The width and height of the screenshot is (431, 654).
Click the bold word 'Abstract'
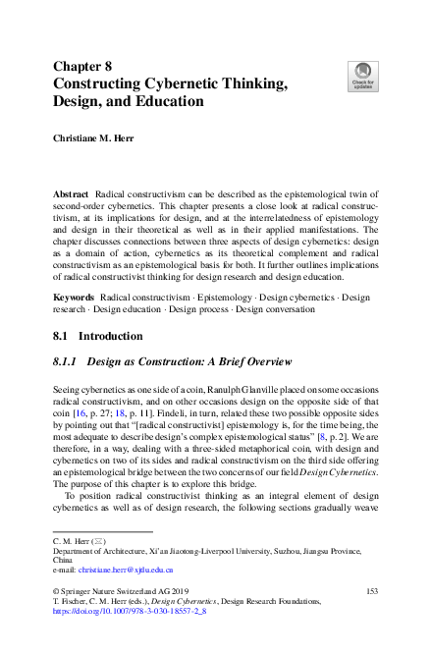(x=73, y=196)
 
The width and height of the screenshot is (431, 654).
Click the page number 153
(x=371, y=590)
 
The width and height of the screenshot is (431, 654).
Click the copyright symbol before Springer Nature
(x=55, y=590)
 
